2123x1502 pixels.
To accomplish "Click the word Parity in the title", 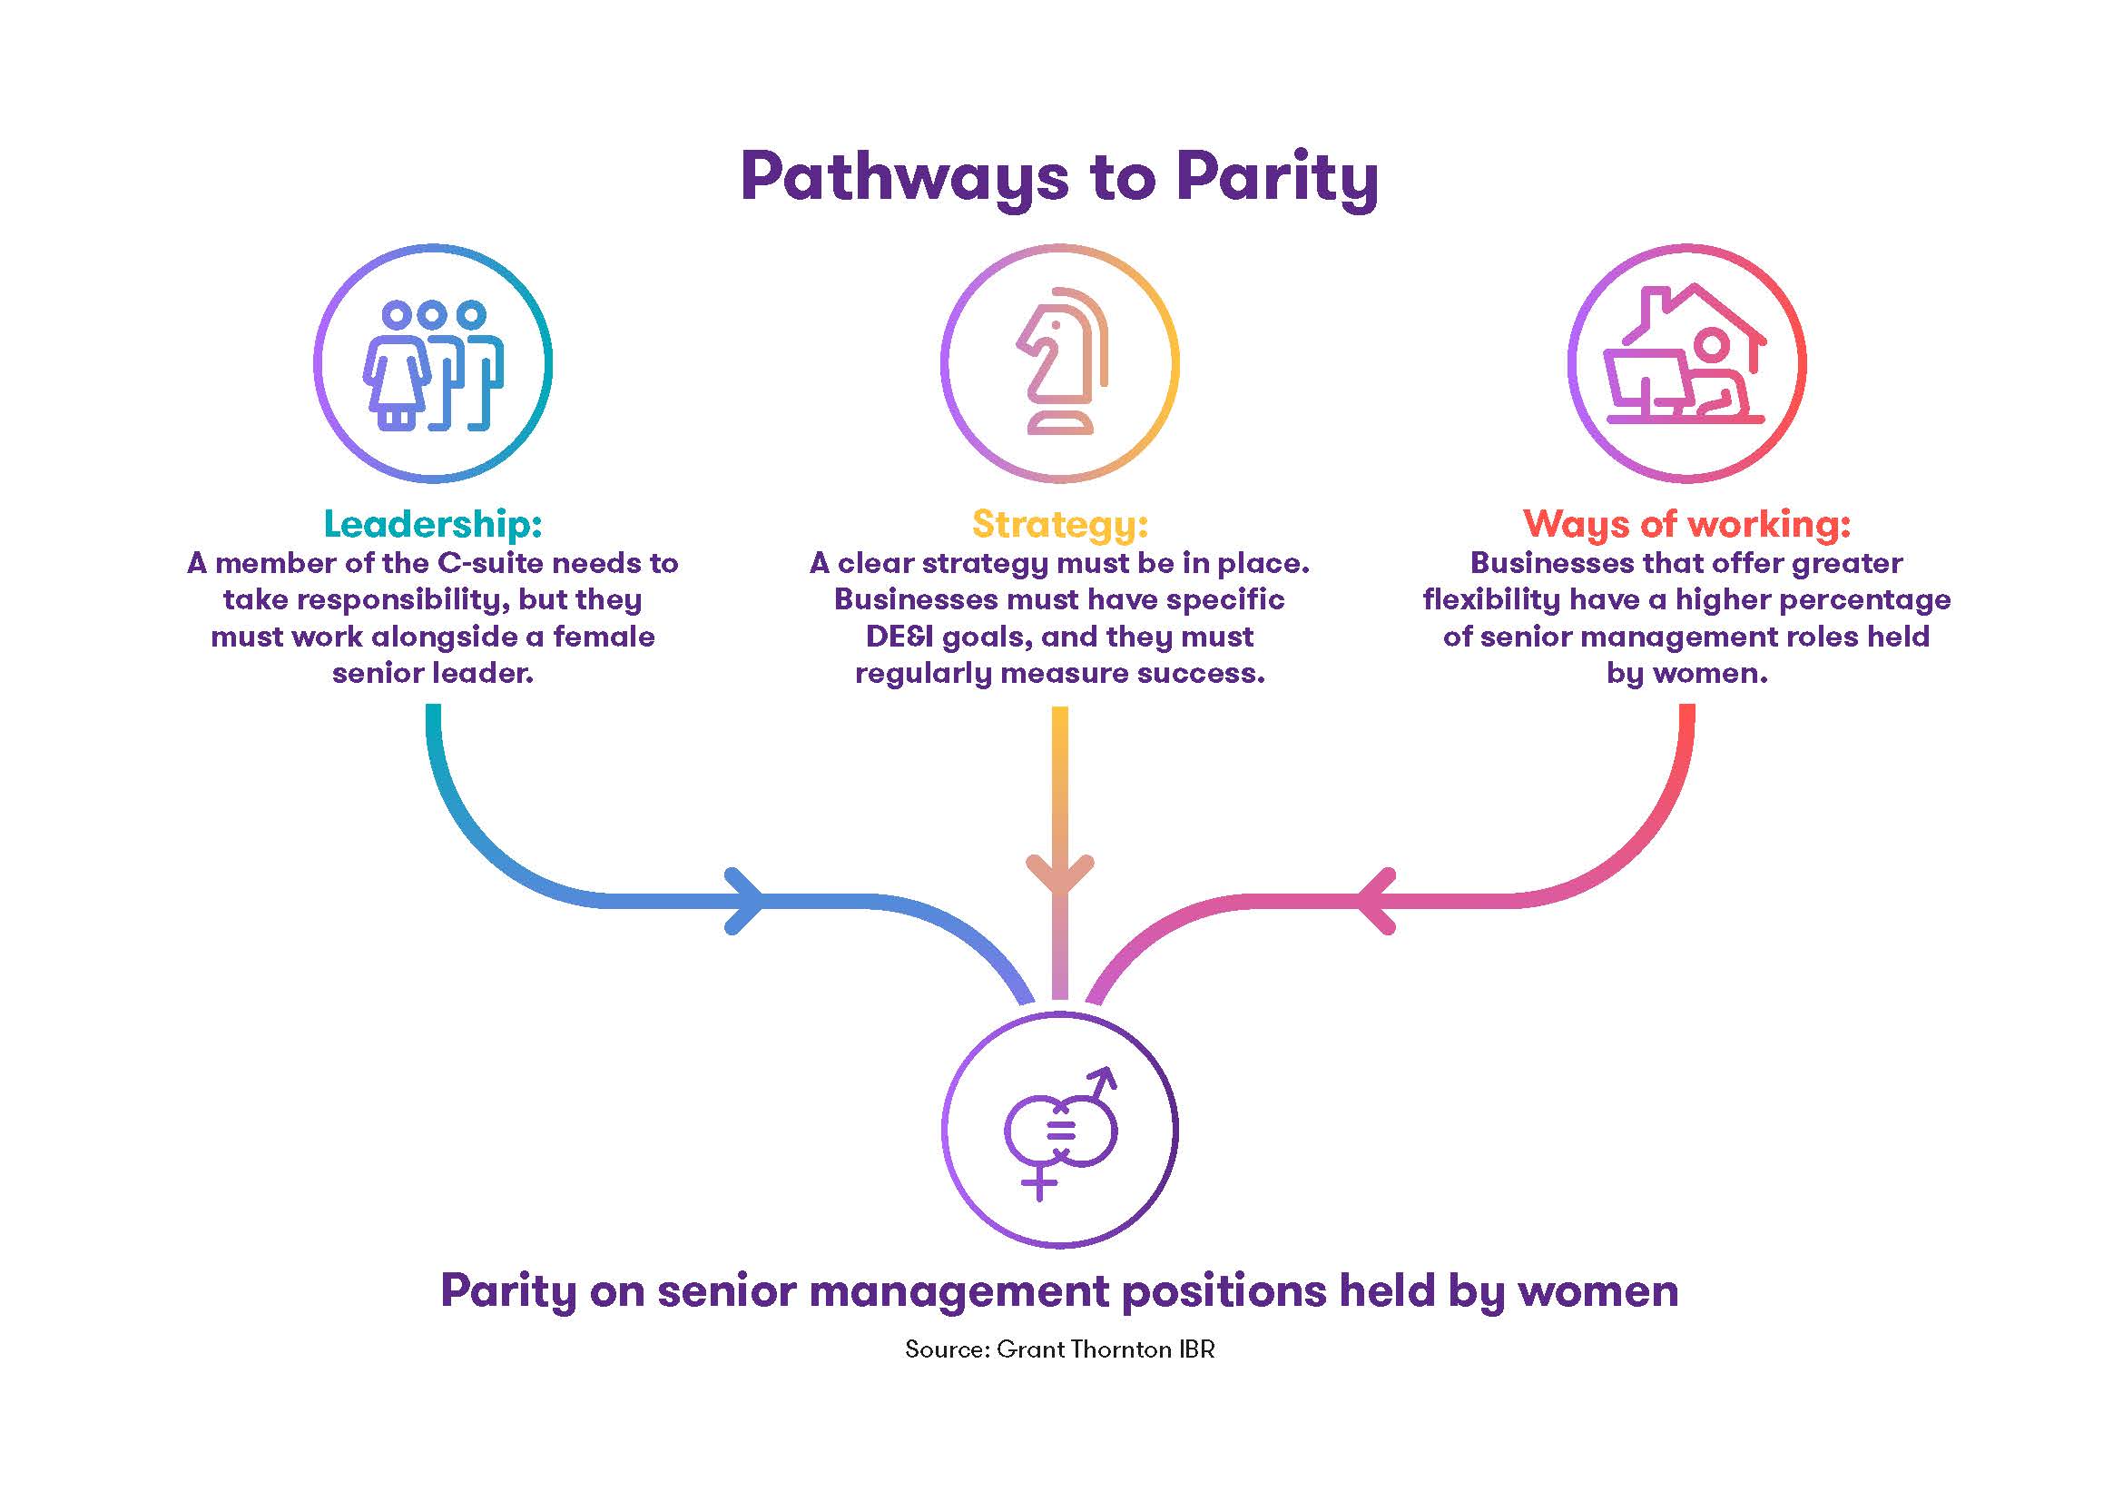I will click(x=1277, y=177).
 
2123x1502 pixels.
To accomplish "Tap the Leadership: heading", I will click(x=432, y=524).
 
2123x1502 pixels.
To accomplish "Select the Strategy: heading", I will click(x=1059, y=524).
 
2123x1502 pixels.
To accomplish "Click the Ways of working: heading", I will click(x=1686, y=524).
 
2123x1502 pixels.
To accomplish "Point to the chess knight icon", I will click(x=1062, y=362).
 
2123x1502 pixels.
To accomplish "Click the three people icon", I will click(x=433, y=364).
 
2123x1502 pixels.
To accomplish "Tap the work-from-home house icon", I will click(x=1685, y=357).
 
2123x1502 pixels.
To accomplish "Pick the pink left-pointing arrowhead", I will click(x=1376, y=901).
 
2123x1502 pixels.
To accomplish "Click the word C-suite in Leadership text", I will click(x=489, y=563).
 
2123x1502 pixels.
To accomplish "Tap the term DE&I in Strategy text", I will click(x=899, y=637).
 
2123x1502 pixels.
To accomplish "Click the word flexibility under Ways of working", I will click(x=1489, y=600).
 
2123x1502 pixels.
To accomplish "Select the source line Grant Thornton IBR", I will click(x=1059, y=1349).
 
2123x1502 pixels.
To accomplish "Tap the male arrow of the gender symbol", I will click(x=1102, y=1082).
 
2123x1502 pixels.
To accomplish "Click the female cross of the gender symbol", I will click(x=1039, y=1184).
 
